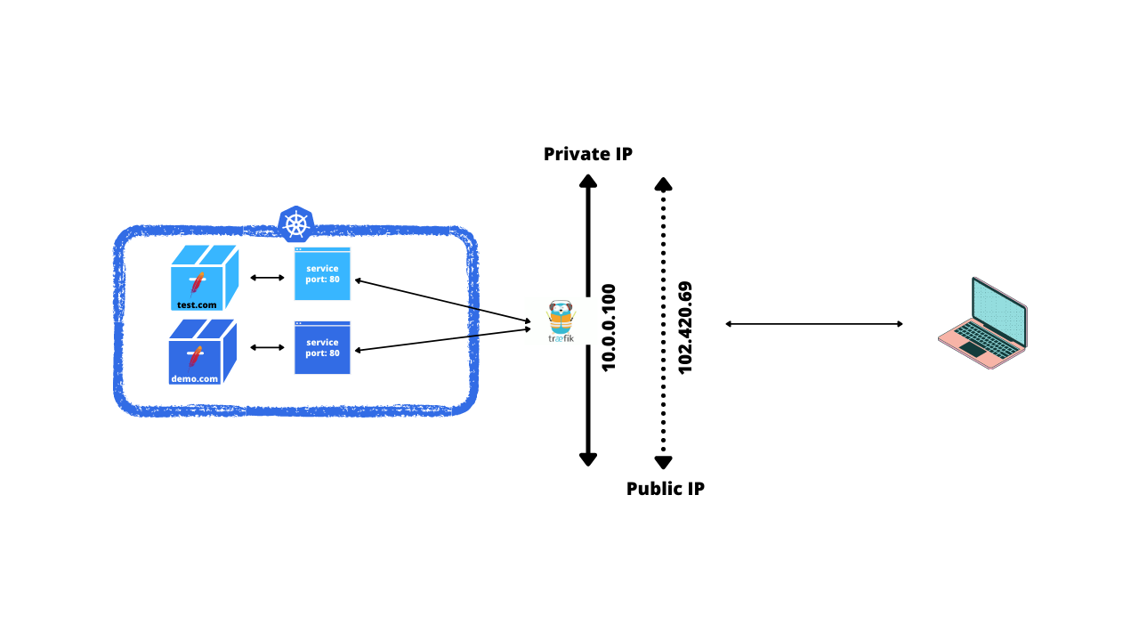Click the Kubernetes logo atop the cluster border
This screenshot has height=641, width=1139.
[x=295, y=223]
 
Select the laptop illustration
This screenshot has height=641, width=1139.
[x=982, y=323]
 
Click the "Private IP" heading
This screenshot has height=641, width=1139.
[x=588, y=154]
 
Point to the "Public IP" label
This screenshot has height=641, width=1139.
[x=666, y=489]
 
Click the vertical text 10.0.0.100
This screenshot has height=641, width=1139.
[x=609, y=328]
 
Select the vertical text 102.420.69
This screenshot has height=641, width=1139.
[x=685, y=328]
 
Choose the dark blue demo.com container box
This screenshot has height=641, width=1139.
[x=202, y=352]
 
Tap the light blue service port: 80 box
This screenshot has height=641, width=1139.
[x=322, y=274]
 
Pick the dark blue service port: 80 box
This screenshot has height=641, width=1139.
[x=322, y=348]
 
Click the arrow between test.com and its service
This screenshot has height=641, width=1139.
[x=266, y=278]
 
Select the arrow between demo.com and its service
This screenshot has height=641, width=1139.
[x=266, y=347]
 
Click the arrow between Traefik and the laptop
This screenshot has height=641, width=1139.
[x=814, y=324]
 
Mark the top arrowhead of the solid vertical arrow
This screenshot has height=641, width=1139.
[x=587, y=181]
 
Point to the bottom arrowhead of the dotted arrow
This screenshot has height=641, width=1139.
[x=663, y=461]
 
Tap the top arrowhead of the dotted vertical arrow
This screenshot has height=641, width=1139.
[x=663, y=183]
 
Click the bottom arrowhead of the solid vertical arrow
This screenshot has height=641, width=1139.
[x=587, y=458]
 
